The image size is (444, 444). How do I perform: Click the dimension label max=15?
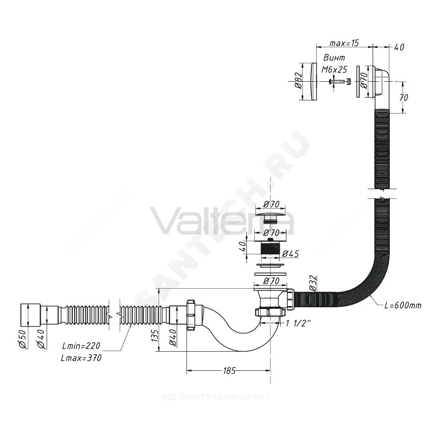click(x=344, y=43)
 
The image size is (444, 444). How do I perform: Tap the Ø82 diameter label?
click(x=297, y=81)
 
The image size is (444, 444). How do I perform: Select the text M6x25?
click(x=334, y=69)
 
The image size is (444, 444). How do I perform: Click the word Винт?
click(x=334, y=58)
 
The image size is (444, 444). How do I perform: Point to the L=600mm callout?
click(x=402, y=305)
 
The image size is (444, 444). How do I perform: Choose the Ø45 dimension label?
click(x=290, y=254)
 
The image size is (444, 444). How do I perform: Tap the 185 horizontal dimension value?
click(x=229, y=370)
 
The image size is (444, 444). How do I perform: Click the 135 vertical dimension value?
click(x=155, y=335)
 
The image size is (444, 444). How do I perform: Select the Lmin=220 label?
click(x=81, y=346)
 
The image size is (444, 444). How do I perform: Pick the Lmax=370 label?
click(x=81, y=358)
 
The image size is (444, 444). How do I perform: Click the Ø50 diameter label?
click(x=24, y=339)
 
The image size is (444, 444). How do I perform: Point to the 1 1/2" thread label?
click(x=298, y=323)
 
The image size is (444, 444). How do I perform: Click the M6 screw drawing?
click(x=340, y=82)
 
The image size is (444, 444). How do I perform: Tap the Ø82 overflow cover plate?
click(x=314, y=82)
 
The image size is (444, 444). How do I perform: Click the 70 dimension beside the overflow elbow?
click(x=404, y=97)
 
